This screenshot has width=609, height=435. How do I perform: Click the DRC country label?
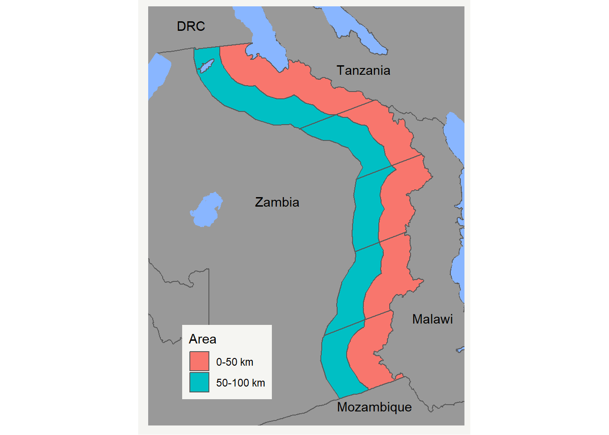pos(191,26)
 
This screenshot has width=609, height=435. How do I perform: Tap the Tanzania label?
pos(363,70)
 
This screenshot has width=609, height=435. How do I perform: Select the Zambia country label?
pos(277,202)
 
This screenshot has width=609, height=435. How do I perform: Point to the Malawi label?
pos(432,319)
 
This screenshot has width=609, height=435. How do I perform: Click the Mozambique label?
pos(374,407)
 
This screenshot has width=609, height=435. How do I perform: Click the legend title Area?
pos(203,339)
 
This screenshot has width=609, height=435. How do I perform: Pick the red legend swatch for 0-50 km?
pos(199,362)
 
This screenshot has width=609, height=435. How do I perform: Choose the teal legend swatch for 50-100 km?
pos(199,382)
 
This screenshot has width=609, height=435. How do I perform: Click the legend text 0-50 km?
pos(235,362)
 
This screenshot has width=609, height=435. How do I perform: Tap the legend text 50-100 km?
pos(241,383)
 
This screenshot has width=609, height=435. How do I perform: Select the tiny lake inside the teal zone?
pos(207,66)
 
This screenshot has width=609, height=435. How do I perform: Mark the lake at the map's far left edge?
pos(157,75)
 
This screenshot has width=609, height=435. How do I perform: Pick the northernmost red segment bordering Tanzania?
pos(290,82)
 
